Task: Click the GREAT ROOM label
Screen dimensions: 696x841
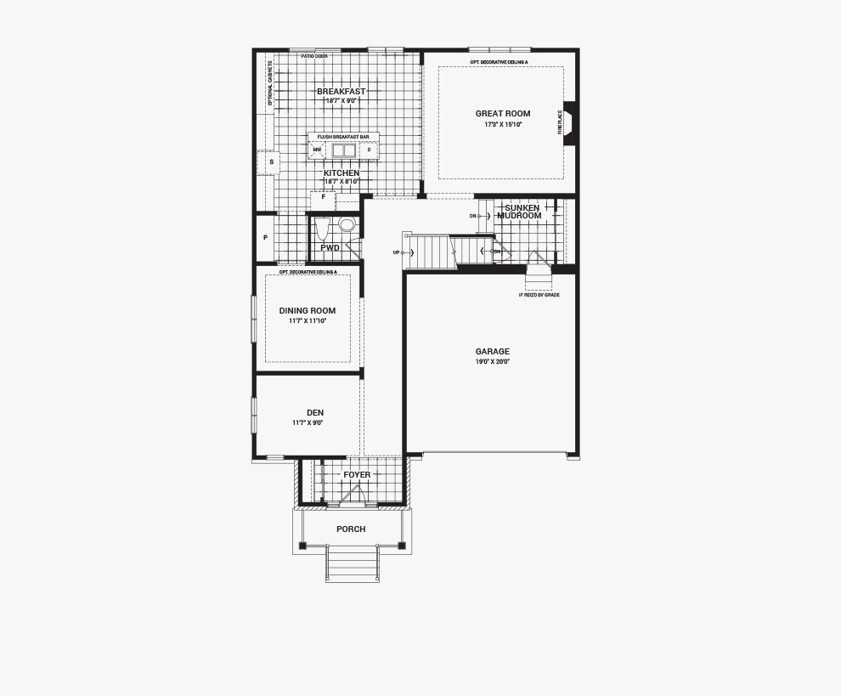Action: click(x=502, y=114)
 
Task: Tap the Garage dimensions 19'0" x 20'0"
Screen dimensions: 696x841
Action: click(x=492, y=362)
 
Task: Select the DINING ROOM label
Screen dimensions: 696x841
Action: click(x=307, y=311)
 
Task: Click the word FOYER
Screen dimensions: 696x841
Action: click(x=357, y=475)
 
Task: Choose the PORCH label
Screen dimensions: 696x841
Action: click(x=351, y=529)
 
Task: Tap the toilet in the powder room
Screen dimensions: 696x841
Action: click(x=322, y=229)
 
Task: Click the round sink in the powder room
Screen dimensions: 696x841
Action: click(x=347, y=225)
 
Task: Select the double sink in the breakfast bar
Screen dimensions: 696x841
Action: click(x=343, y=151)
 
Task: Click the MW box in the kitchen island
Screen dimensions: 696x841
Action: click(x=317, y=150)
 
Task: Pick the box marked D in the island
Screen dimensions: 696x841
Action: click(x=369, y=150)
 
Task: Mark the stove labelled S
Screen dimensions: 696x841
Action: click(x=270, y=162)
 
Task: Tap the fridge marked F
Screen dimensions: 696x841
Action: click(x=323, y=198)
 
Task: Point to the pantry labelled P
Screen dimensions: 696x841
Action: click(x=265, y=238)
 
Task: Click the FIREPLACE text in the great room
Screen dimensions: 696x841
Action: click(x=560, y=122)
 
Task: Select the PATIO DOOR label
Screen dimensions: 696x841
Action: click(x=313, y=56)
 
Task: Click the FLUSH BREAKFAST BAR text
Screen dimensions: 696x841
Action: click(x=343, y=137)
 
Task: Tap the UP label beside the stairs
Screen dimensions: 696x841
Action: click(x=396, y=252)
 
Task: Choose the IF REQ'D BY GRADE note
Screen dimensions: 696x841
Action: click(x=539, y=295)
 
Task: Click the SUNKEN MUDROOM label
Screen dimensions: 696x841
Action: click(x=521, y=212)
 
